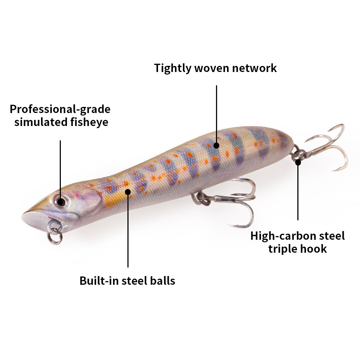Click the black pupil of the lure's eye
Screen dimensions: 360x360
pos(61,202)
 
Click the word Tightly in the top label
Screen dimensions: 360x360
pos(172,68)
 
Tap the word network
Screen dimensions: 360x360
pos(254,68)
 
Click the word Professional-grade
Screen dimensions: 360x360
pos(60,109)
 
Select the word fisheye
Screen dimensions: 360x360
pos(89,122)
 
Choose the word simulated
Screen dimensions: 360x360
pos(41,122)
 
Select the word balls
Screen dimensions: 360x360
pos(163,281)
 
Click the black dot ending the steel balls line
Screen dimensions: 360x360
pos(128,192)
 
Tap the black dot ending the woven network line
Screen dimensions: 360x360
pos(216,145)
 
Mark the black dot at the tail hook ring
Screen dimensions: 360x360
pos(298,163)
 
